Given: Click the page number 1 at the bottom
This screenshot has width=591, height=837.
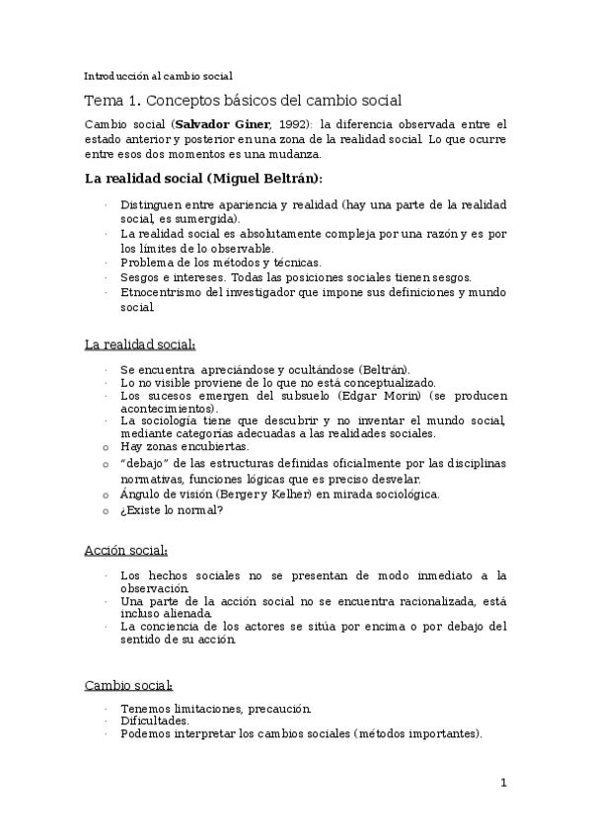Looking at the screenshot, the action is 503,784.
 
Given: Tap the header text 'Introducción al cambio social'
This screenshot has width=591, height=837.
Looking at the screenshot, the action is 158,75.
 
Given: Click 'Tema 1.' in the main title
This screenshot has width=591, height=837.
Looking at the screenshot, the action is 111,101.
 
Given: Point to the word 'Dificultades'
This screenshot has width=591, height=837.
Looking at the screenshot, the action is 154,722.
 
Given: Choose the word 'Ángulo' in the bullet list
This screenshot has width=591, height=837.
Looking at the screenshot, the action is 141,495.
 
